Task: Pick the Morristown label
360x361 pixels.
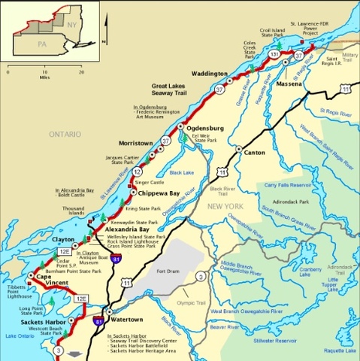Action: click(135, 143)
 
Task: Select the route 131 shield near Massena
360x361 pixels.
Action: click(274, 56)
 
